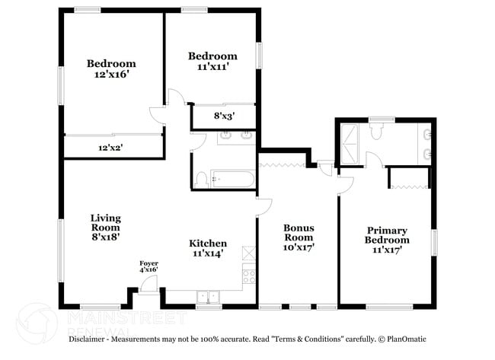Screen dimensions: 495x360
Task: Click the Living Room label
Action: tap(106, 227)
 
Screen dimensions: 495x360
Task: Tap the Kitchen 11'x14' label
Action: tap(208, 248)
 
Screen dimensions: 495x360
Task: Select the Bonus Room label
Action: tap(299, 237)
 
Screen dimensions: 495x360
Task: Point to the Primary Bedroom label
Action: tap(387, 240)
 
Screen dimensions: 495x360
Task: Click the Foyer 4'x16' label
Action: tap(148, 266)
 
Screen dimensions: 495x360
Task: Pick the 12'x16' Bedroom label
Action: tap(111, 68)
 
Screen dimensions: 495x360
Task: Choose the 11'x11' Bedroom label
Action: tap(212, 61)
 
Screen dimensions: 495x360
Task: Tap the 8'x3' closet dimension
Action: tap(224, 116)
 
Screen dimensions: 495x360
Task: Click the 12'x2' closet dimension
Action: tap(110, 148)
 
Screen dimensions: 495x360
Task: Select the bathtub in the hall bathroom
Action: tap(233, 179)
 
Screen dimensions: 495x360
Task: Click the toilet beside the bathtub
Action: tap(201, 180)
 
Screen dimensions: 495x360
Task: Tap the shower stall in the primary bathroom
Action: tap(350, 144)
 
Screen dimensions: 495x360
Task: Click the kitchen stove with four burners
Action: tap(249, 276)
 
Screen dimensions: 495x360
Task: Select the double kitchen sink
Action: tap(208, 298)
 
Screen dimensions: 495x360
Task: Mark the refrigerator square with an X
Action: tap(249, 253)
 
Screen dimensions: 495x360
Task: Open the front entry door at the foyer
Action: tap(149, 284)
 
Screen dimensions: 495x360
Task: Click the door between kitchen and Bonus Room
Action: tap(264, 207)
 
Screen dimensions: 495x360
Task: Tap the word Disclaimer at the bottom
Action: tap(87, 339)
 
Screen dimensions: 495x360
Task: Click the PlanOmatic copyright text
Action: tap(403, 339)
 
